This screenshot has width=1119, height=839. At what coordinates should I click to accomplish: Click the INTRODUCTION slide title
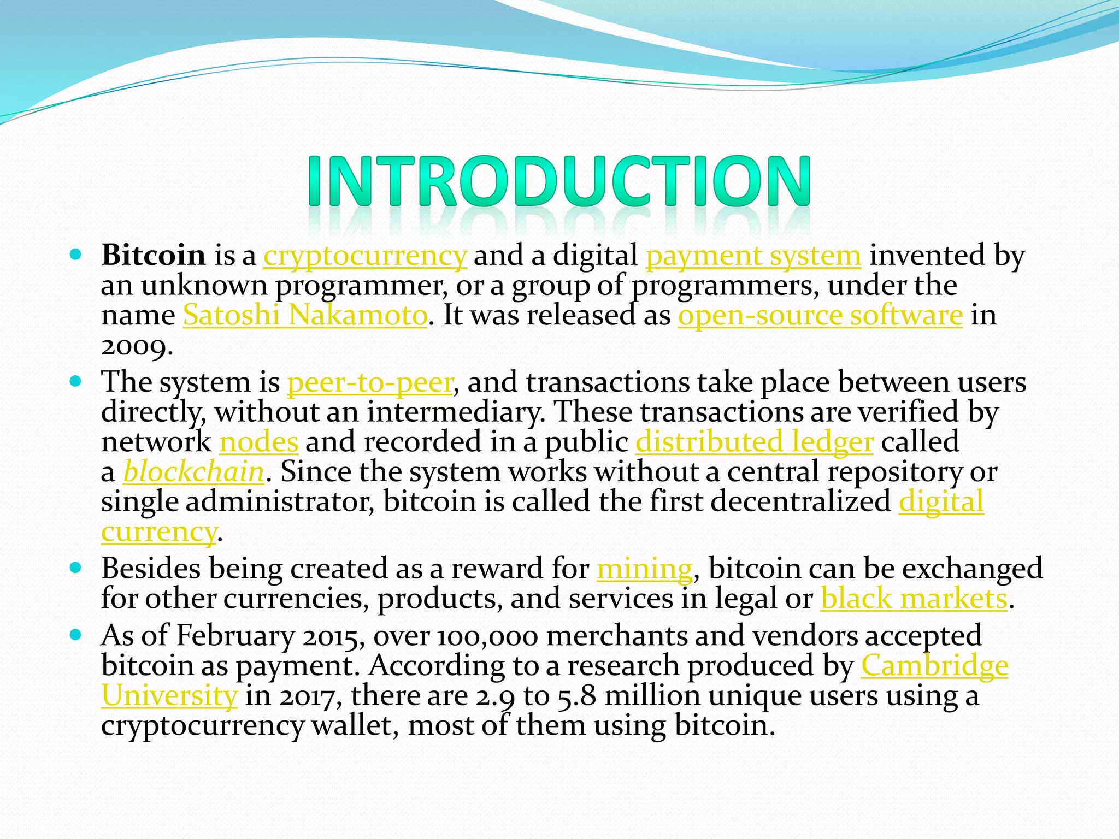coord(558,181)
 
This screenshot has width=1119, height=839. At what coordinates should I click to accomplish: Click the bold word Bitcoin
coord(154,255)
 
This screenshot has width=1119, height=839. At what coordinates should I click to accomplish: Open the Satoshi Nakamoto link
coord(305,316)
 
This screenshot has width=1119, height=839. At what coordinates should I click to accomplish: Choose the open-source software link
coord(820,316)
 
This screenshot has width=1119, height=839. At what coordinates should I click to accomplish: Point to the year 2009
coord(136,346)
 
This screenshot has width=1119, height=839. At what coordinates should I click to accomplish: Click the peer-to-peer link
coord(370,382)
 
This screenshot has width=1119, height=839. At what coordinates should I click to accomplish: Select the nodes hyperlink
coord(258,442)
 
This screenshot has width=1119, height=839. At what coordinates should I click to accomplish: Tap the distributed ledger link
coord(755,442)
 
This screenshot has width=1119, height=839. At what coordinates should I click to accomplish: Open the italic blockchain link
coord(194,472)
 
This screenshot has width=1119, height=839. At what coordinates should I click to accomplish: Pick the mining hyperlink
coord(644,569)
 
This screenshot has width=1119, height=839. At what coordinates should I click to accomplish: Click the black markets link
coord(914,599)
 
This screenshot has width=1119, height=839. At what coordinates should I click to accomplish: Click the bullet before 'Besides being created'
coord(76,567)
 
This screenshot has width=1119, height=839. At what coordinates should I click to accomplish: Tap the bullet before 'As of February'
coord(76,634)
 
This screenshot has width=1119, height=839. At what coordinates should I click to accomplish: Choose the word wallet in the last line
coord(355,726)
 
